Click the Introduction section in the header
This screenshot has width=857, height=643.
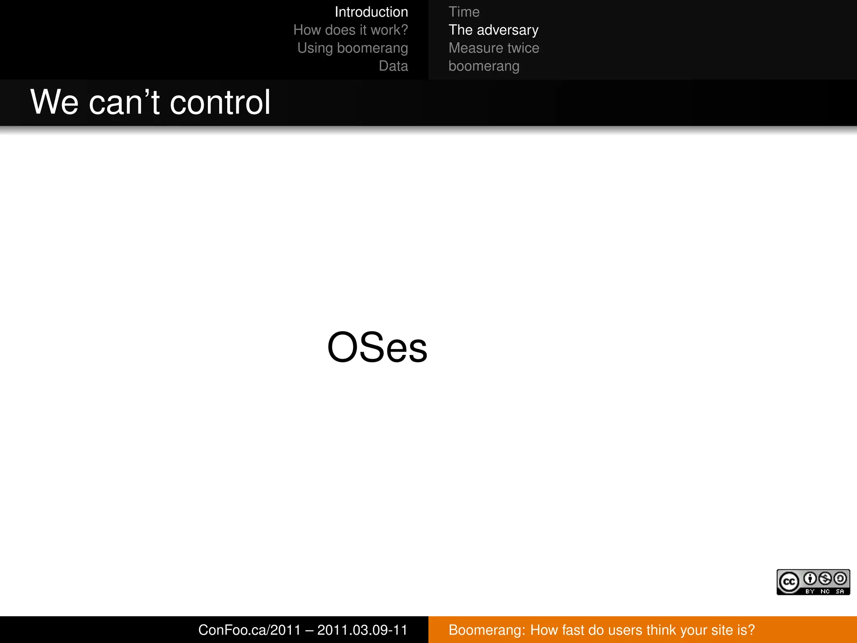[x=371, y=12]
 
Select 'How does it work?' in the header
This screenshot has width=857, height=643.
[x=350, y=30]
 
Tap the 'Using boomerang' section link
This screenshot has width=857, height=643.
[x=352, y=48]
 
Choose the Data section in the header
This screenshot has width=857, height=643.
[x=393, y=66]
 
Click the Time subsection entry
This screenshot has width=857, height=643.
[x=464, y=12]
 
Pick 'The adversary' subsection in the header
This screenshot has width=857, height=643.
[x=493, y=30]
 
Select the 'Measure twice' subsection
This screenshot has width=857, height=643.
[x=494, y=48]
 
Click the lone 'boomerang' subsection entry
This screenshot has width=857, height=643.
[x=484, y=66]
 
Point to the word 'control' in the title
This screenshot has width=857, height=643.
[x=220, y=102]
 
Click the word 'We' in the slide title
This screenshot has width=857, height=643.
[x=54, y=102]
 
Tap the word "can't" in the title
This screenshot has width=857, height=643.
[x=124, y=102]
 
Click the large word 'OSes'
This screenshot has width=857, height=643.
[x=377, y=347]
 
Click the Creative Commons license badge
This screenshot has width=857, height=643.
[x=813, y=582]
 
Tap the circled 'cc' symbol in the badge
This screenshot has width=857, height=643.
[x=789, y=582]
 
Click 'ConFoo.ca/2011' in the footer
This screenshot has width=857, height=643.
[x=249, y=630]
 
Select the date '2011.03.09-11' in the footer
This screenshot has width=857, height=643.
[x=362, y=630]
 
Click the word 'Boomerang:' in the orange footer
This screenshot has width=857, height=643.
[x=487, y=630]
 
